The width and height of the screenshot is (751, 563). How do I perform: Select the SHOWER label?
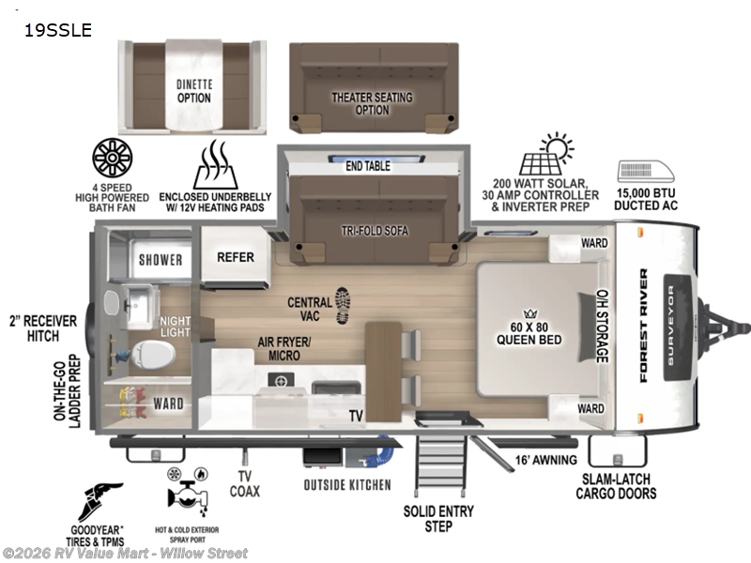coord(161,260)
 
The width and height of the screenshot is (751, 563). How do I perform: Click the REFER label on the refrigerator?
coord(236,257)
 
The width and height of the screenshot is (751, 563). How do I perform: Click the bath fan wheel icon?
coord(113,160)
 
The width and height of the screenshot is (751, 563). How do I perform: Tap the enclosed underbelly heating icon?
coord(216,165)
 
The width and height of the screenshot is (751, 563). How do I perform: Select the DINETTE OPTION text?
coord(194,90)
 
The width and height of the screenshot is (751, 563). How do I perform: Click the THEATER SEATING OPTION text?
coord(373,103)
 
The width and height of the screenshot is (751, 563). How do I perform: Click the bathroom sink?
coord(138,303)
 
